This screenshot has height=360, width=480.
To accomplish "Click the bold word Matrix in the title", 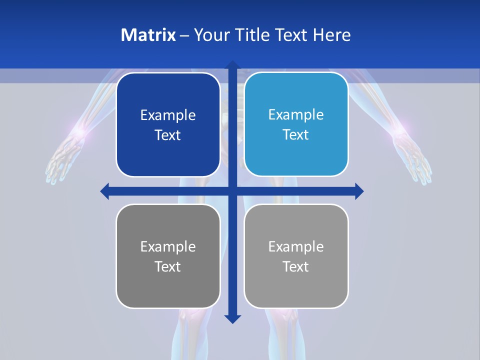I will [148, 35].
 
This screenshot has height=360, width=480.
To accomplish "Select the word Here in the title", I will [331, 35].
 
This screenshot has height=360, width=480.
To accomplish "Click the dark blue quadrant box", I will [168, 124].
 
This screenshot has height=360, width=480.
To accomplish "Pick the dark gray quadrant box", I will [168, 256].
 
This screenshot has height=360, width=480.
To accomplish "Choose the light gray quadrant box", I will [296, 256].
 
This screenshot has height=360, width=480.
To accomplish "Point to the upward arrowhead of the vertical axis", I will [232, 65].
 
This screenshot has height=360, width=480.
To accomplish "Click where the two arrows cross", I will [232, 191].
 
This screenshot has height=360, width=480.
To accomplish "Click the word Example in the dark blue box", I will [168, 115].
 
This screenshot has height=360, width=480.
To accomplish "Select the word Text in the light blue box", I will [296, 134].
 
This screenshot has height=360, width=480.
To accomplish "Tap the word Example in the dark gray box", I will [168, 246].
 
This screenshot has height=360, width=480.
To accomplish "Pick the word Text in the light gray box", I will [296, 266].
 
